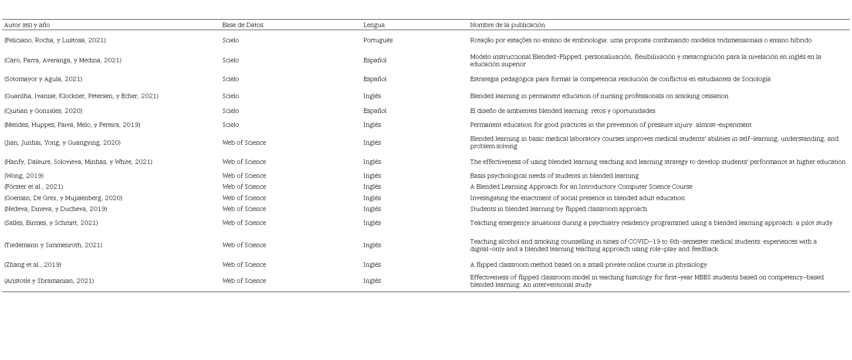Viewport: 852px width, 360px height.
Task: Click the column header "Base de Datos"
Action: click(243, 25)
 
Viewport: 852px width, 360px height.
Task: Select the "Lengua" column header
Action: click(374, 25)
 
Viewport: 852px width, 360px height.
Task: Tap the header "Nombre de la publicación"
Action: click(507, 25)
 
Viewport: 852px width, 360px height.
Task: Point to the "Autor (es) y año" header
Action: click(27, 25)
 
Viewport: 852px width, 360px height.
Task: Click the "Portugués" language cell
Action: click(378, 41)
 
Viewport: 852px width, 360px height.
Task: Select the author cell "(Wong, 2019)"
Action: click(24, 176)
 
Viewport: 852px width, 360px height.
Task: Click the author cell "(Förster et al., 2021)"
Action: click(34, 187)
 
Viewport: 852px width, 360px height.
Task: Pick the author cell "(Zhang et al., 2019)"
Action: click(33, 265)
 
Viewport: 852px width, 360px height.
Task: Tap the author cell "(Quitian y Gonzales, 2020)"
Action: click(43, 111)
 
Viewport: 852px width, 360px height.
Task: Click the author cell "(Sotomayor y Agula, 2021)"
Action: click(43, 79)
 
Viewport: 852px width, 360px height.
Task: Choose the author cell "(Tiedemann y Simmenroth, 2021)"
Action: click(53, 245)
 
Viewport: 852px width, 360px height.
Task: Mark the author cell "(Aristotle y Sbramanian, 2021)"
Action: click(49, 281)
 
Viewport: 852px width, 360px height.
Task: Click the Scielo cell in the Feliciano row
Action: click(230, 41)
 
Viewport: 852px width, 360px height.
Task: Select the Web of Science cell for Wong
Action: click(244, 176)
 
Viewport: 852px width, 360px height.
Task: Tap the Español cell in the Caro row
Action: click(375, 61)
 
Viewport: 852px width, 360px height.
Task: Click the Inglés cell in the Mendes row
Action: click(372, 125)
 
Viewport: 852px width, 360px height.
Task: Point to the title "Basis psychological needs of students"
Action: click(554, 176)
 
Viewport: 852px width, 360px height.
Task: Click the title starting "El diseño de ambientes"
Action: click(562, 111)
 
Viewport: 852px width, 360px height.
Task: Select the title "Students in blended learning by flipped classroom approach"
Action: click(558, 209)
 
